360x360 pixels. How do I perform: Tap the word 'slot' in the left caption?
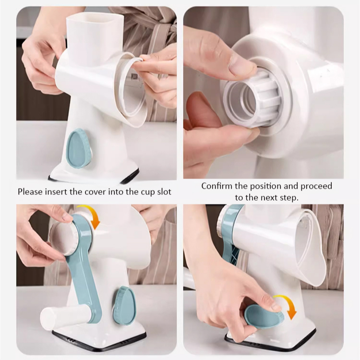163,192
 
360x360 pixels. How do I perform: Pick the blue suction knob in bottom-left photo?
124,305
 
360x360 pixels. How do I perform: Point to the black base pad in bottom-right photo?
269,344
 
